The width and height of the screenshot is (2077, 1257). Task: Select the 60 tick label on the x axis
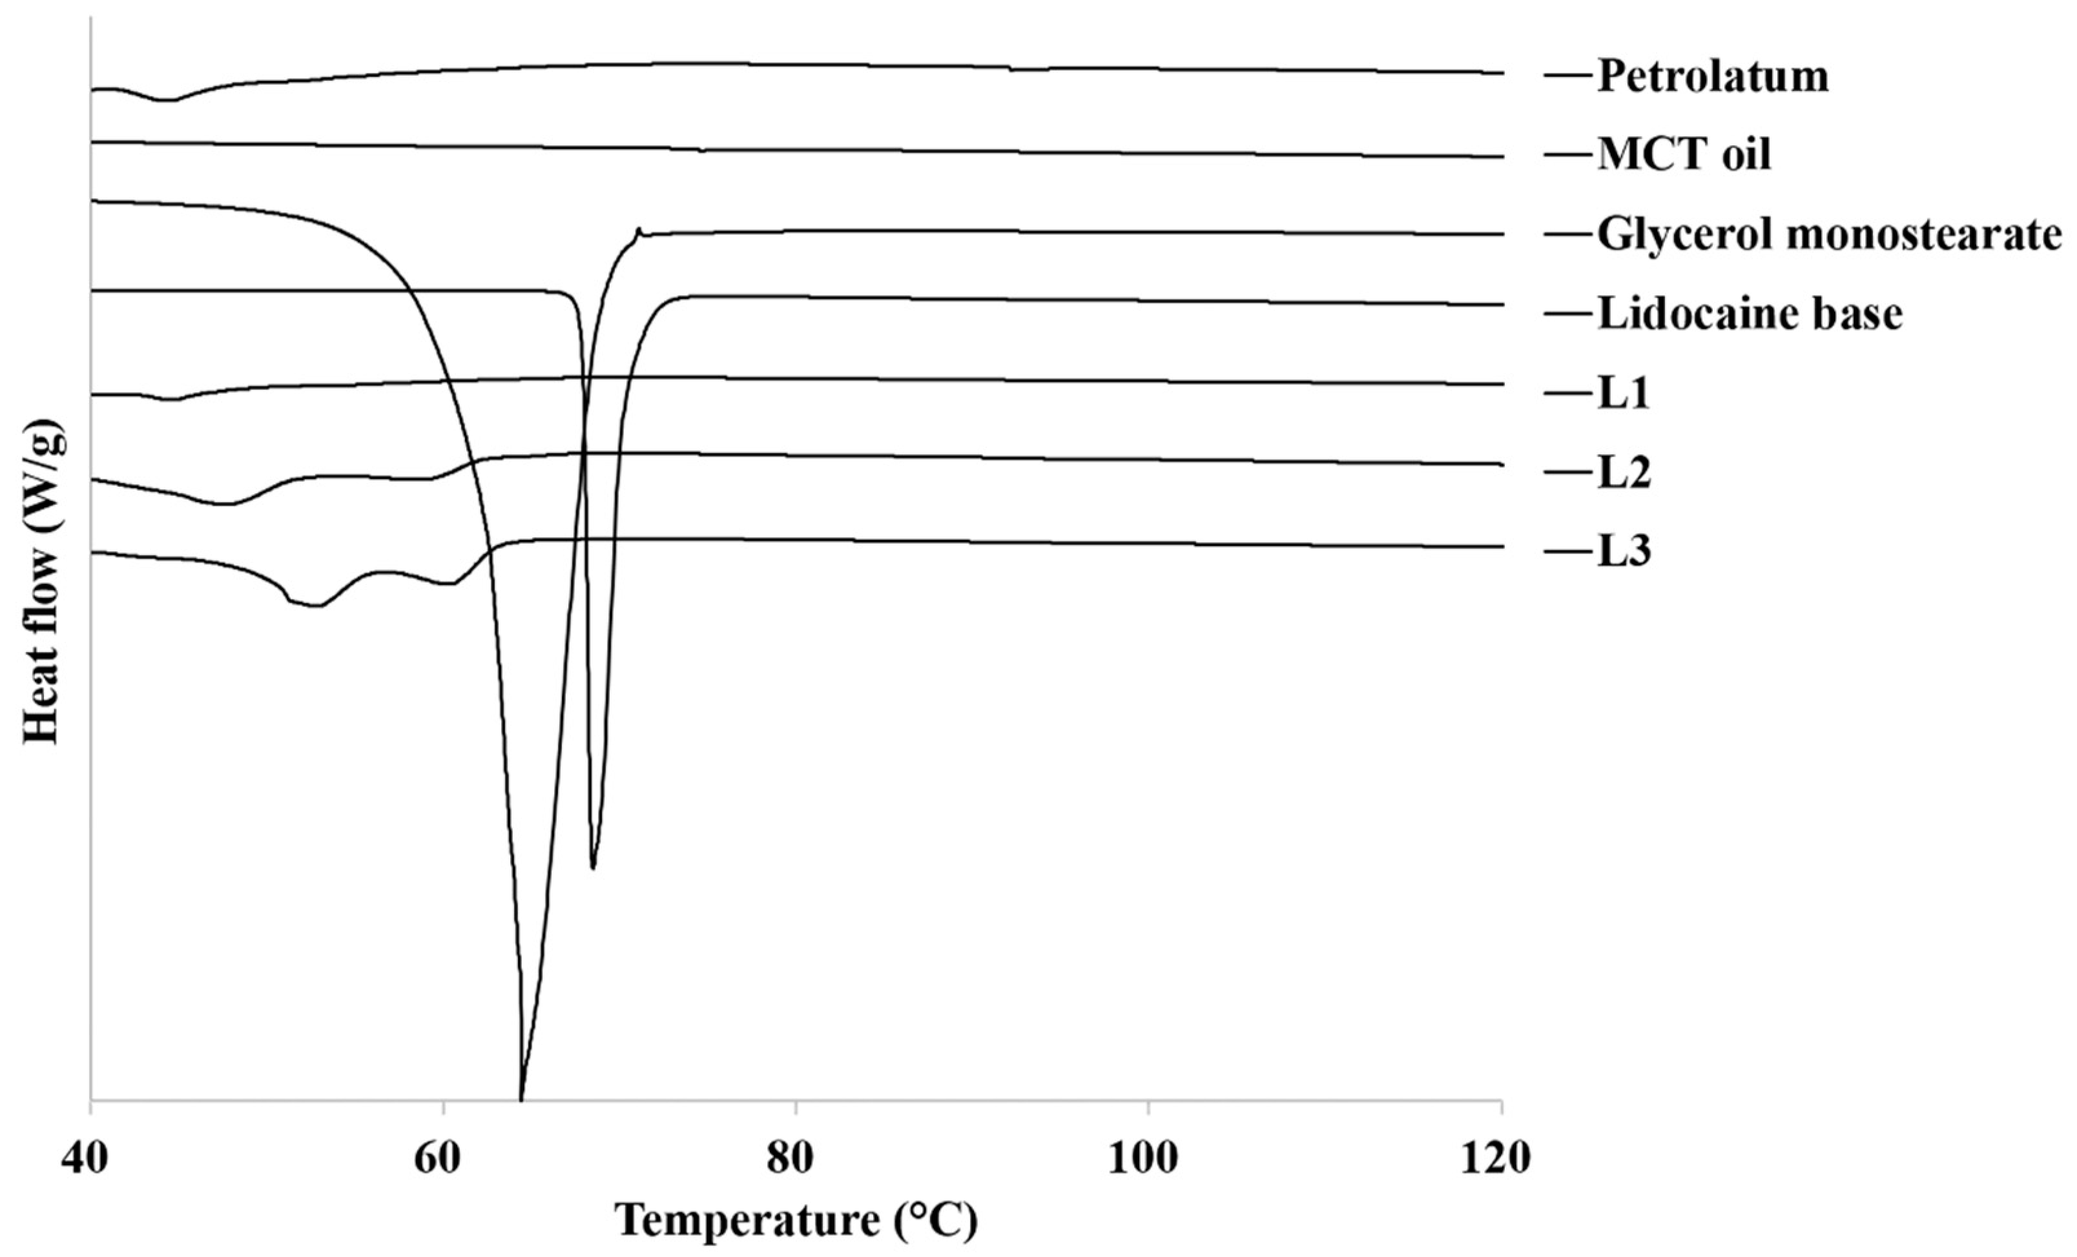point(442,1158)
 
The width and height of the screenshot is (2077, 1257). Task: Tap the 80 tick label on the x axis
point(794,1158)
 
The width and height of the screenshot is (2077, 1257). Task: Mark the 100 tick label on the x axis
point(1147,1158)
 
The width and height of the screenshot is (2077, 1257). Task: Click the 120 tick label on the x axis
point(1500,1158)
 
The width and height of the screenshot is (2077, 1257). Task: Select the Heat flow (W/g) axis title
point(42,581)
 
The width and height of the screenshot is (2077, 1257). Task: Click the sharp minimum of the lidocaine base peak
point(594,868)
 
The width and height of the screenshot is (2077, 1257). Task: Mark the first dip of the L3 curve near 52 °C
point(315,605)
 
